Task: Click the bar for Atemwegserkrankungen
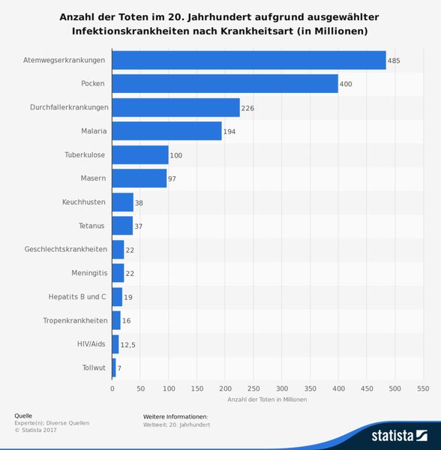248,60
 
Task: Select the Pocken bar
225,84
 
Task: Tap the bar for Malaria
166,131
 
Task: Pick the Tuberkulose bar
140,155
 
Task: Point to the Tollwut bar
114,368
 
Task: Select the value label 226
247,108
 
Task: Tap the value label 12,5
127,345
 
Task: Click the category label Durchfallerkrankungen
69,107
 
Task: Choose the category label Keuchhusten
84,202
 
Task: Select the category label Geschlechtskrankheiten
66,250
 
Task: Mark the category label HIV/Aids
91,344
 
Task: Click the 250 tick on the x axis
253,388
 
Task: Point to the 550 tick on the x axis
423,388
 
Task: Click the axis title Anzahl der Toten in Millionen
267,399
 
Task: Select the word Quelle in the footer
23,415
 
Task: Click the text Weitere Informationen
175,415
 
